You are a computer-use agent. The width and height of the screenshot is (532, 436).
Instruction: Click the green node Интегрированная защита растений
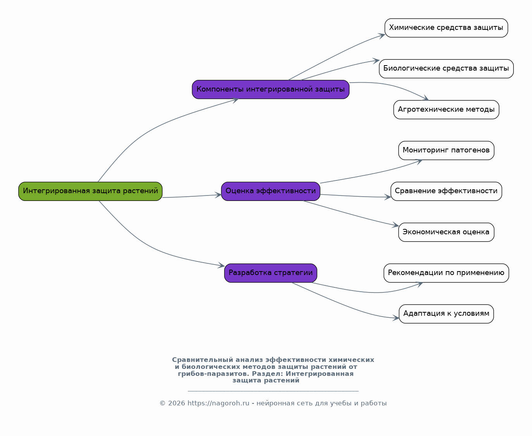point(90,191)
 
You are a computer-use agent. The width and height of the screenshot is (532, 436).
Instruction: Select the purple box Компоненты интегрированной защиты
point(270,90)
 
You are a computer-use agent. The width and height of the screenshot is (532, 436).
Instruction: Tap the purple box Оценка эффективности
point(270,191)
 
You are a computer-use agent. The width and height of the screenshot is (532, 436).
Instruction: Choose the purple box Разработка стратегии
point(270,273)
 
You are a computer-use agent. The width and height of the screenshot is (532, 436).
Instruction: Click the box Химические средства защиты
point(446,28)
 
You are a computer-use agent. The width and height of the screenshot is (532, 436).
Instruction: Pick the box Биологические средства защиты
point(446,69)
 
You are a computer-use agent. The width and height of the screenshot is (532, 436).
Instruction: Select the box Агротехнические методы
point(446,110)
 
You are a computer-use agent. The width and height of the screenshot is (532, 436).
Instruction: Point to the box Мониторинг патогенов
point(446,151)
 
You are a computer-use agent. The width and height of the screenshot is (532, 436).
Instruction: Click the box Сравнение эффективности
point(446,191)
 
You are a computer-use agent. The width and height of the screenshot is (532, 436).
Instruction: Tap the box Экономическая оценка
point(446,232)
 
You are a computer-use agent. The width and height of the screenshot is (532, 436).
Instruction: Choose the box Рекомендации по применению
point(446,273)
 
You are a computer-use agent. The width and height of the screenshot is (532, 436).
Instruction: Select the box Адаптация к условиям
point(446,314)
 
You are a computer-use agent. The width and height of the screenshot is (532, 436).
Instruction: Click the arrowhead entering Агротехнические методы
point(426,98)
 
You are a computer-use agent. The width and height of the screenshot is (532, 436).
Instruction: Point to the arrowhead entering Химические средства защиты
point(381,36)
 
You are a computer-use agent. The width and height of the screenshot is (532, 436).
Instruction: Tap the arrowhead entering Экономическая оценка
point(395,225)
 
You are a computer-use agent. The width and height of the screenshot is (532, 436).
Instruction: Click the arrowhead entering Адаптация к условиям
point(396,318)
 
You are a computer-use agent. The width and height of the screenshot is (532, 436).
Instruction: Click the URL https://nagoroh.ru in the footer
point(218,403)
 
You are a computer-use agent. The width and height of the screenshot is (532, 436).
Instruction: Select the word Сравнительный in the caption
point(203,360)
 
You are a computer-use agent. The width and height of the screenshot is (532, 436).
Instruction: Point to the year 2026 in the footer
point(177,403)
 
